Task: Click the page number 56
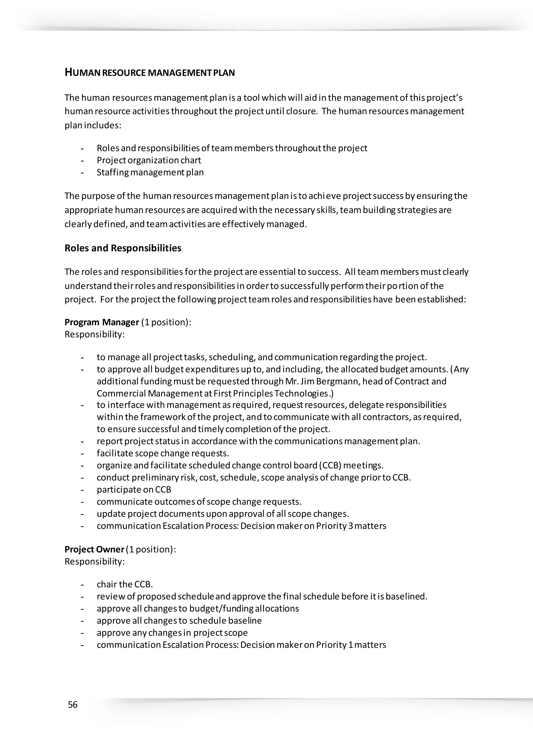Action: [x=73, y=705]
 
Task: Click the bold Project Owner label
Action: [x=94, y=549]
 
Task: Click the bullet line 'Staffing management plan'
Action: [x=150, y=172]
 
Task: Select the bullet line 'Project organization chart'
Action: [x=149, y=160]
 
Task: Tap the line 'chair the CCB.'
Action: [x=125, y=584]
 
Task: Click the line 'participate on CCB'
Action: [x=134, y=490]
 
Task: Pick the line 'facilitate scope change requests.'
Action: [x=163, y=453]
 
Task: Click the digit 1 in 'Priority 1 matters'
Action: [x=351, y=645]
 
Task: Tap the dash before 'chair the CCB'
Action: [x=83, y=585]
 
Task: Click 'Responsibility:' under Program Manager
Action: [x=94, y=334]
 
